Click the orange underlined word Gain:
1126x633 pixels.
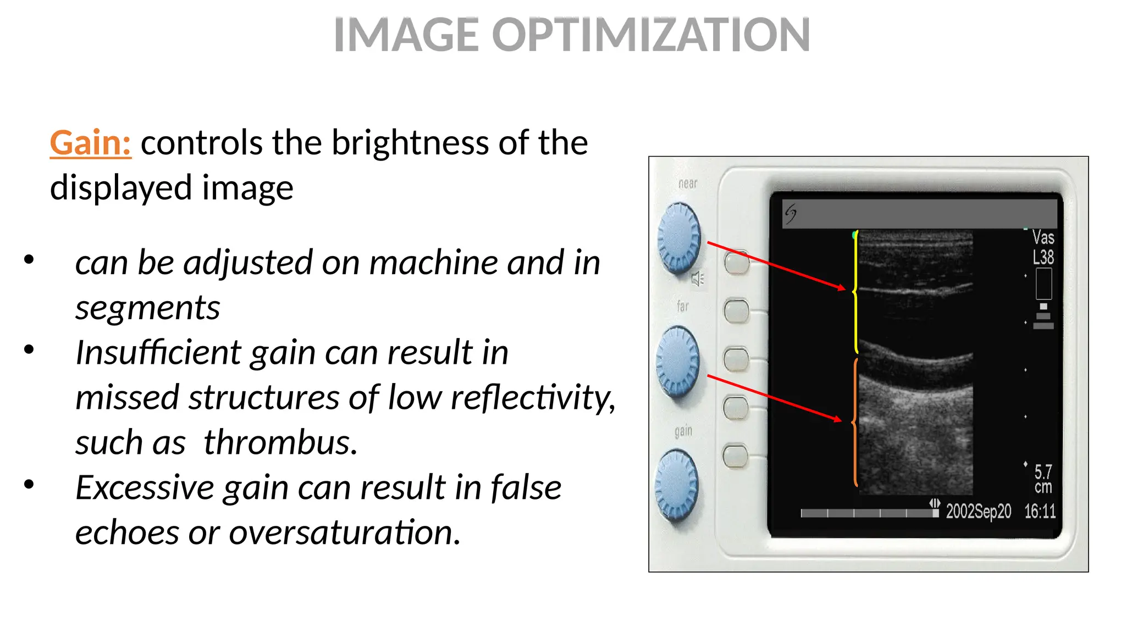tap(90, 143)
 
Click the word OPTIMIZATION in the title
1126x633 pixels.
tap(650, 35)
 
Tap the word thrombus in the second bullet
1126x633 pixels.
tap(280, 442)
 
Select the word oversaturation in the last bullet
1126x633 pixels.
tap(344, 532)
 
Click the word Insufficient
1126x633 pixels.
tap(158, 352)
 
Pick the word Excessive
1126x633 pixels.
tap(145, 487)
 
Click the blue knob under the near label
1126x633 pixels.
tap(679, 237)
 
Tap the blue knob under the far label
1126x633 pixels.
tap(678, 362)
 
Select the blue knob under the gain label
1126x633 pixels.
tap(677, 485)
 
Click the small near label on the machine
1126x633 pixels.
tap(688, 184)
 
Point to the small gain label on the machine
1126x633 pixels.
tap(683, 431)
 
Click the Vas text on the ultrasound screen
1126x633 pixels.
tap(1043, 237)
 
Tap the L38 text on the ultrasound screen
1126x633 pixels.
tap(1043, 257)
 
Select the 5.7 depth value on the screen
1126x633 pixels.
tap(1043, 471)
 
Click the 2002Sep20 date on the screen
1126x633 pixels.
tap(978, 512)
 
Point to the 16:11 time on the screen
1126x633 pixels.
tap(1040, 512)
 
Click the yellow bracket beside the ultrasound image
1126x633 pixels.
tap(855, 292)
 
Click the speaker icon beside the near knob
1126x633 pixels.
tap(697, 279)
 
